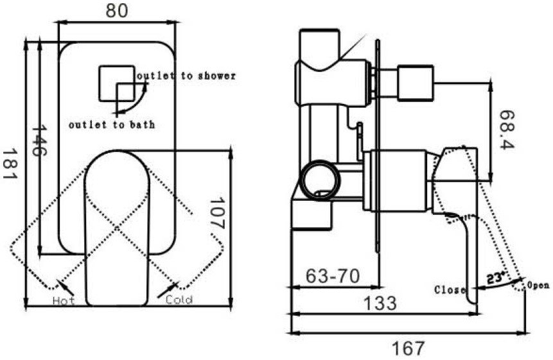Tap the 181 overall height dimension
pos(9,164)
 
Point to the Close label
pos(450,289)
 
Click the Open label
pos(538,284)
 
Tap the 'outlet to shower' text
pos(186,76)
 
